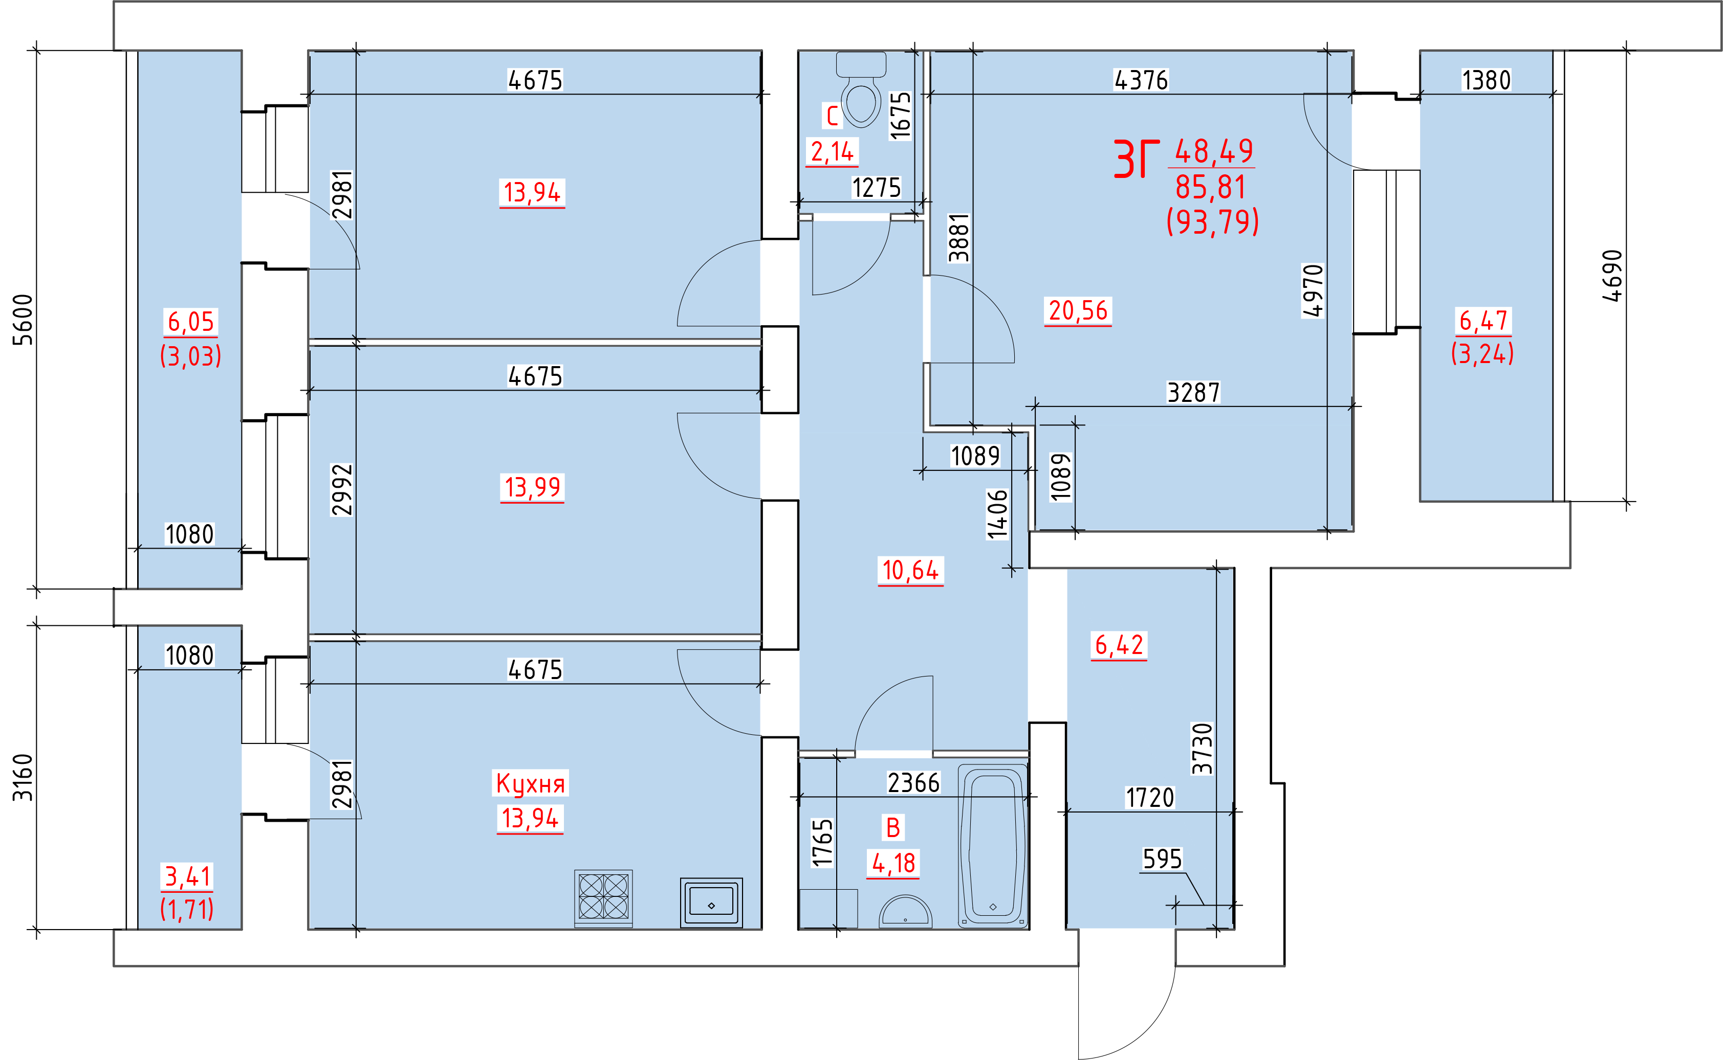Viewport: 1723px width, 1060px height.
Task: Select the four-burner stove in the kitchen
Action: [x=603, y=897]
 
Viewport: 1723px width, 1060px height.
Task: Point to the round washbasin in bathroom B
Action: [x=906, y=911]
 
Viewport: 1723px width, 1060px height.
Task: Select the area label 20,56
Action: [x=1078, y=310]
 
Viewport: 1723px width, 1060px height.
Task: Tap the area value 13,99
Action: [x=533, y=487]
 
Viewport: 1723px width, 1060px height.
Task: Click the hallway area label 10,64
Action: [x=910, y=570]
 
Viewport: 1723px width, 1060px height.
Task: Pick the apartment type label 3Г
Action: [x=1137, y=159]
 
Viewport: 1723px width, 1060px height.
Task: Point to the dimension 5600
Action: [x=23, y=320]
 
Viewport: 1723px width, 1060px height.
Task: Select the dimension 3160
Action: [x=23, y=777]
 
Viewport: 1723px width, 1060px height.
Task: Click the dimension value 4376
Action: [x=1142, y=81]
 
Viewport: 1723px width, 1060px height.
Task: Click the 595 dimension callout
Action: [x=1163, y=859]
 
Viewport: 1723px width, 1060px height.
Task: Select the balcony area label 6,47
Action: [x=1483, y=321]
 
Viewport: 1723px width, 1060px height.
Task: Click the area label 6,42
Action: [x=1120, y=645]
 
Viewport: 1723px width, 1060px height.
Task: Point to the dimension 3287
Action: [x=1194, y=393]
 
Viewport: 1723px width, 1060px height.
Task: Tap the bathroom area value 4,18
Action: [x=894, y=863]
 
